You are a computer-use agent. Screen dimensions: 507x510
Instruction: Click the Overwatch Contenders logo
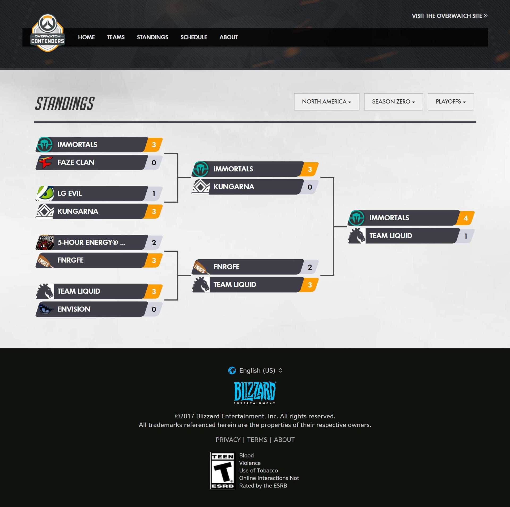[x=48, y=33]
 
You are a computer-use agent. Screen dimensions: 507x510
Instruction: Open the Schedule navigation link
[x=194, y=37]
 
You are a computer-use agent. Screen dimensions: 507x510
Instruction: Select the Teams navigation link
[x=116, y=37]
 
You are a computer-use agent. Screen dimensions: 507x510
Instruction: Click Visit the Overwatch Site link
[x=449, y=16]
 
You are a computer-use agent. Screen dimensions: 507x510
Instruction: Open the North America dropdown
[x=326, y=102]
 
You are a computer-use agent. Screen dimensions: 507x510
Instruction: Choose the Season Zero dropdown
[x=393, y=102]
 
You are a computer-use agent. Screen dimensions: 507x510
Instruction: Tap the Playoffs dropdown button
[x=450, y=102]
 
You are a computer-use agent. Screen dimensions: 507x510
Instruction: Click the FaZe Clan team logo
[x=45, y=162]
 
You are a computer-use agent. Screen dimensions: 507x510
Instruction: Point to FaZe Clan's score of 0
[x=154, y=163]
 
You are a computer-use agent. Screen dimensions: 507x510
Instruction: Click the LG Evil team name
[x=70, y=193]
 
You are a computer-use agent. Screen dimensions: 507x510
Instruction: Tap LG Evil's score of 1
[x=154, y=194]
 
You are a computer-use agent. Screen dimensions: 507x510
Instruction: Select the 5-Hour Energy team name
[x=91, y=242]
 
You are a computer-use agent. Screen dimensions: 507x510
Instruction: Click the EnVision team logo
[x=45, y=309]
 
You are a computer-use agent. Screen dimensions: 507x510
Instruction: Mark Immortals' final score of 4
[x=466, y=218]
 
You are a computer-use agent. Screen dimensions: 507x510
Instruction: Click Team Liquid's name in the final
[x=390, y=236]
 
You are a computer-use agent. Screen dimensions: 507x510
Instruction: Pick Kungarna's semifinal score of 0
[x=310, y=187]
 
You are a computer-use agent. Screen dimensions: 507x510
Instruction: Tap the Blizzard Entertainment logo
[x=255, y=392]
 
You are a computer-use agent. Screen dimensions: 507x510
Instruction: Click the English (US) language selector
[x=255, y=370]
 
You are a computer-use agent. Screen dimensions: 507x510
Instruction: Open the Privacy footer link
[x=228, y=440]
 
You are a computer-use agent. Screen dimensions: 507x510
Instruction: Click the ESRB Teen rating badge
[x=223, y=470]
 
